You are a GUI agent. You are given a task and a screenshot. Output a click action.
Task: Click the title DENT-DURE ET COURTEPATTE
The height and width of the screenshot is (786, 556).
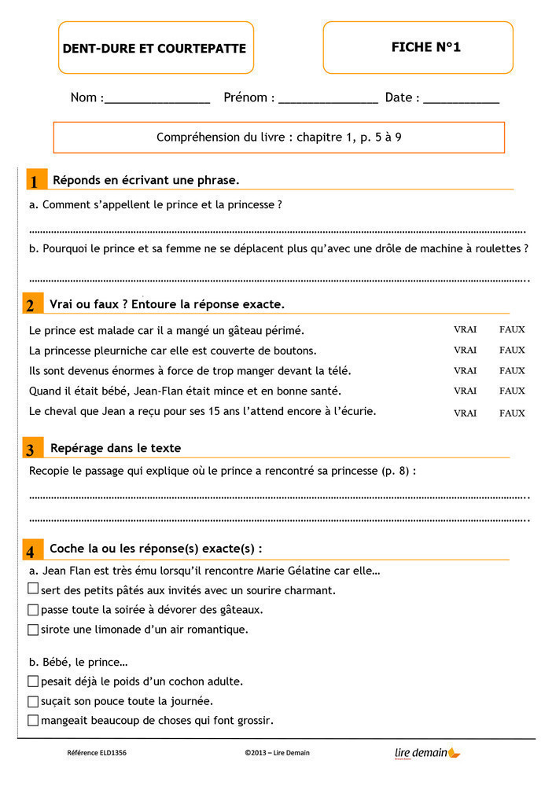pos(154,49)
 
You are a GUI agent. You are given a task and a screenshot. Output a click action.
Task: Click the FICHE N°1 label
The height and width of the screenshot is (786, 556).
pos(425,47)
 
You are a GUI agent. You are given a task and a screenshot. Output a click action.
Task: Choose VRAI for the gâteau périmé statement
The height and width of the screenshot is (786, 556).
pos(465,330)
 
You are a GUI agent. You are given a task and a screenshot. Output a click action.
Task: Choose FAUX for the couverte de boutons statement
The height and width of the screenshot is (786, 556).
pos(512,351)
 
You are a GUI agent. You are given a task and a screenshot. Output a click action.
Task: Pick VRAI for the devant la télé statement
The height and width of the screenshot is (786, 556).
pos(465,371)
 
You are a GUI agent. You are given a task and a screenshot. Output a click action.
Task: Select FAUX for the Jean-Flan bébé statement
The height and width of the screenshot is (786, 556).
pos(512,391)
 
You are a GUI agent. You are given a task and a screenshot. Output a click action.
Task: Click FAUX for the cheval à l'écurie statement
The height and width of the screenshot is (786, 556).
pos(512,413)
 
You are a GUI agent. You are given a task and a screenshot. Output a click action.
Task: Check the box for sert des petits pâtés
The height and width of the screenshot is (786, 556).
pos(33,589)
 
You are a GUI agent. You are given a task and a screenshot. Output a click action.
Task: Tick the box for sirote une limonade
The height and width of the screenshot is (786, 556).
pos(33,629)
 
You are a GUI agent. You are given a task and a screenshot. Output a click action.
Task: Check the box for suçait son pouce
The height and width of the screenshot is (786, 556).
pos(33,701)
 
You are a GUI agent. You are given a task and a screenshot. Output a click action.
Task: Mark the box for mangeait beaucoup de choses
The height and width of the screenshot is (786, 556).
pos(33,720)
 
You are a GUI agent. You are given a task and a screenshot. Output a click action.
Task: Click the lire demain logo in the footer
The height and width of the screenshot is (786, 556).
pos(427,753)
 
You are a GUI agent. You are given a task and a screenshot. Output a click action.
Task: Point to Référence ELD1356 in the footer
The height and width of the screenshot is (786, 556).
pos(97,753)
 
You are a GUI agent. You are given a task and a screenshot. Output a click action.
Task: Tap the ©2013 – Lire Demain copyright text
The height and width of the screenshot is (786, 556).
pos(277,753)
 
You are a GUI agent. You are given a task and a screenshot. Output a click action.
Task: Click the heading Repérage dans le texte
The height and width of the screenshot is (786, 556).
pos(116,448)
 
